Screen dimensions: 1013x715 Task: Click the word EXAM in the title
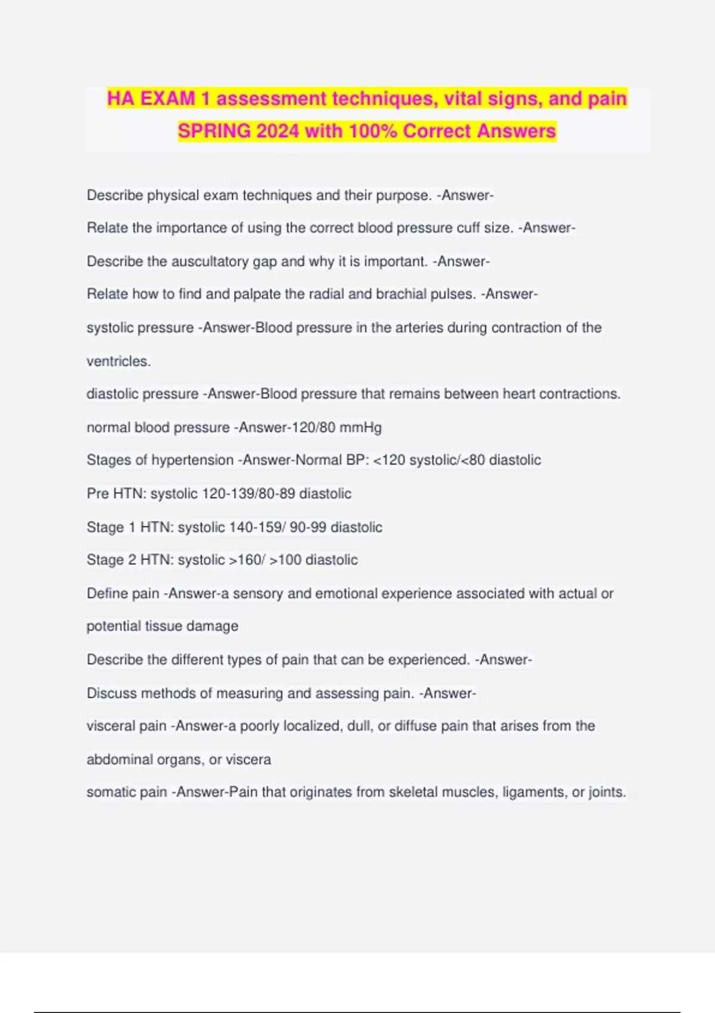[x=168, y=98]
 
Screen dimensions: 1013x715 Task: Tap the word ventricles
[x=119, y=361]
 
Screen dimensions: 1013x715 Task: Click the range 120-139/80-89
[x=249, y=494]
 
